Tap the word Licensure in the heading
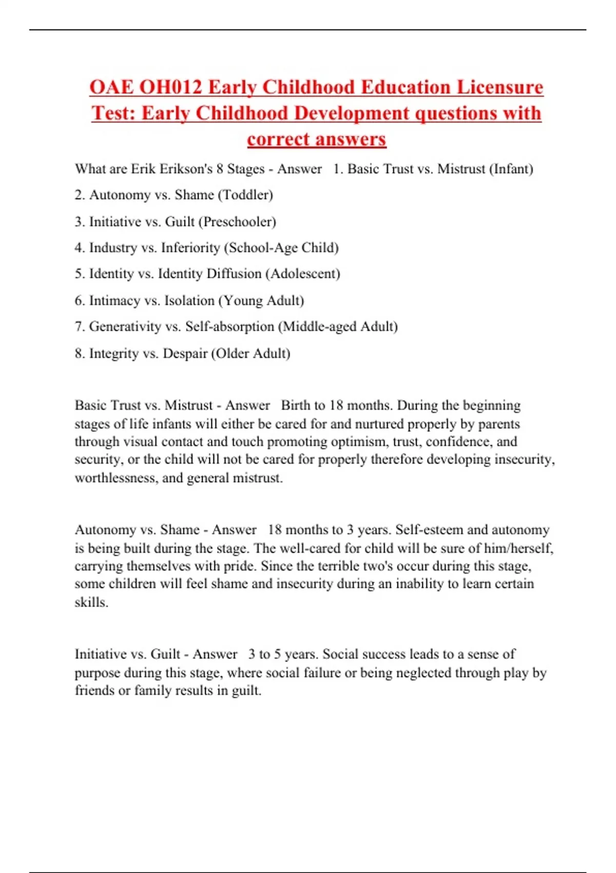(500, 87)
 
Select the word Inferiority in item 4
(190, 248)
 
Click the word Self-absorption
(229, 327)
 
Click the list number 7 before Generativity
(79, 327)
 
